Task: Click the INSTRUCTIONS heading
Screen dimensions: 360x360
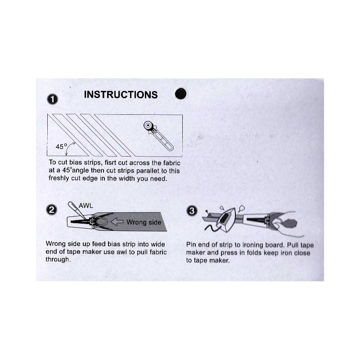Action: point(121,94)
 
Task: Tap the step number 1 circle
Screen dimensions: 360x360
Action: point(52,99)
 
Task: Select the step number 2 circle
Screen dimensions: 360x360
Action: point(51,210)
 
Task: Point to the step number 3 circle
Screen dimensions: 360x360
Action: point(192,211)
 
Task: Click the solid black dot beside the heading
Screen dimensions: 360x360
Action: point(181,94)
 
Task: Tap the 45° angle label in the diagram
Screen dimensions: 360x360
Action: point(61,146)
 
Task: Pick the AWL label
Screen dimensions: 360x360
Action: point(86,206)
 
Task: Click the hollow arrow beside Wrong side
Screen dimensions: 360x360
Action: point(117,222)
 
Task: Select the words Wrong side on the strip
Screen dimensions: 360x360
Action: point(144,222)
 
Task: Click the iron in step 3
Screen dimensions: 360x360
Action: point(226,220)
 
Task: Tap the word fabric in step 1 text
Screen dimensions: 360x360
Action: point(172,163)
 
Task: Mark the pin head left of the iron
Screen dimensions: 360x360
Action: point(207,211)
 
